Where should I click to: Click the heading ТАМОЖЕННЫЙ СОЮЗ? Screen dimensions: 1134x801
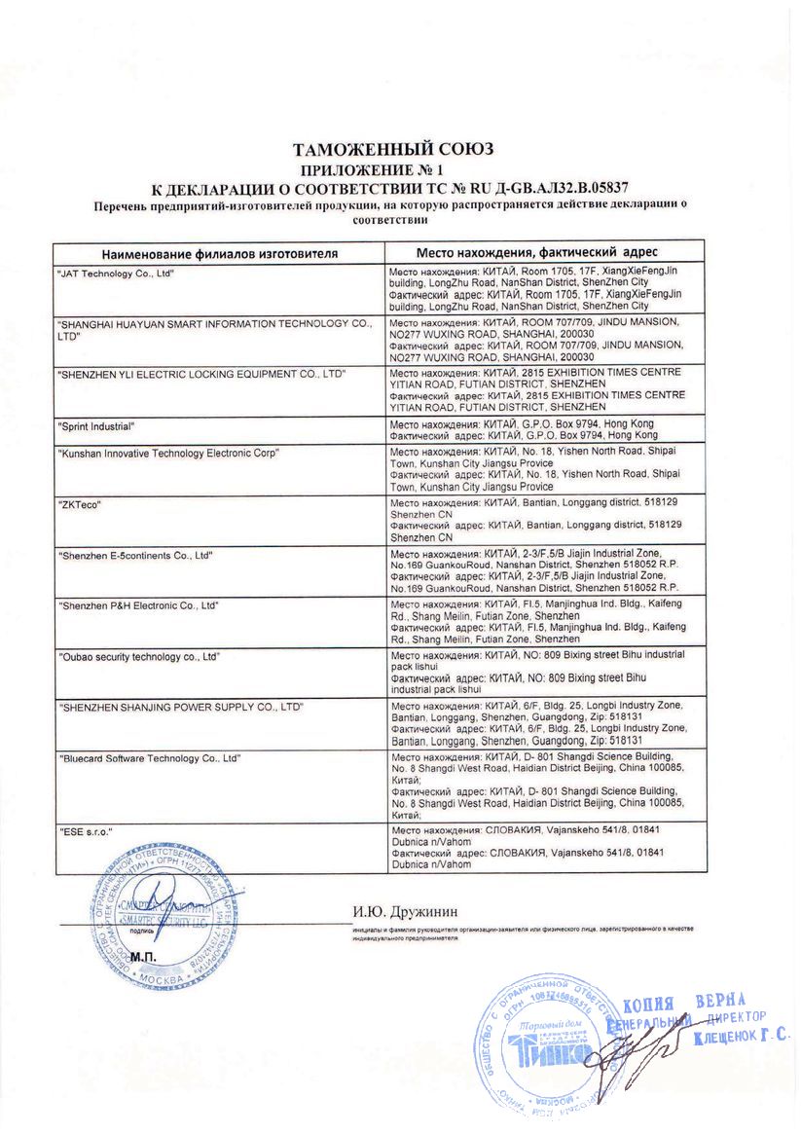(x=393, y=149)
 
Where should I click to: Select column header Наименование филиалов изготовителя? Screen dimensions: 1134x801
(x=220, y=253)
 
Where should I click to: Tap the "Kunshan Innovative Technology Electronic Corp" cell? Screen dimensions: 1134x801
(x=169, y=453)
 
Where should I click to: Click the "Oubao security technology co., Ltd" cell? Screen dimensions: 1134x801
(x=139, y=658)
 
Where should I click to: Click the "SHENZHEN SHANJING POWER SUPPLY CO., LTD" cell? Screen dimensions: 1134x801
(x=180, y=705)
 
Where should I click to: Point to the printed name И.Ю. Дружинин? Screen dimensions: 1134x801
(x=404, y=911)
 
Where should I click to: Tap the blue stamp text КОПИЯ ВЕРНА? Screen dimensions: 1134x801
(x=683, y=1004)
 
